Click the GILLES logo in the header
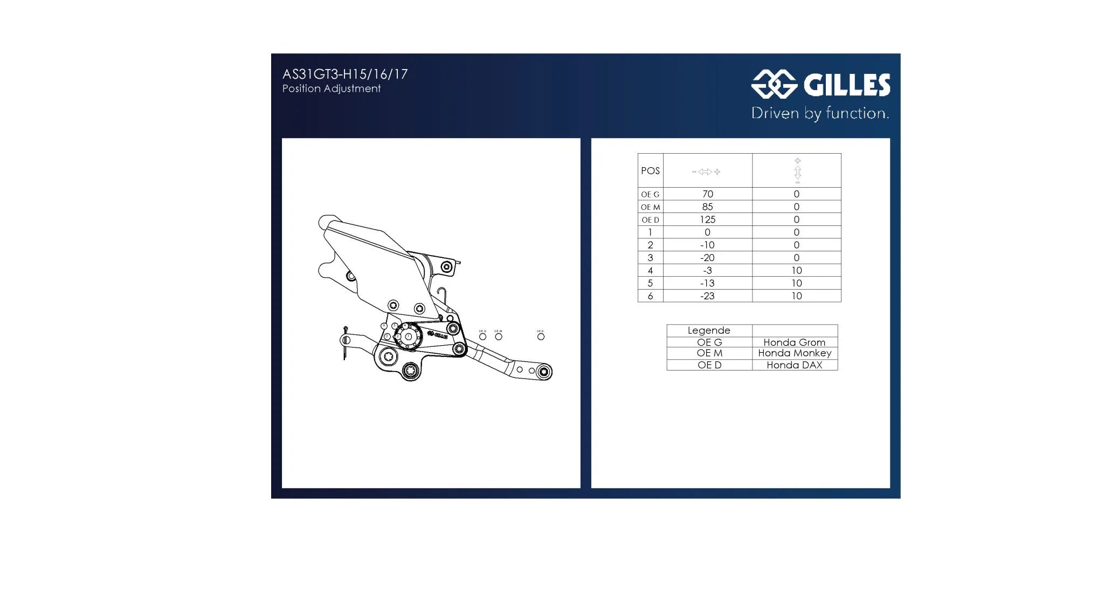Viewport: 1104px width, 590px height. (x=820, y=85)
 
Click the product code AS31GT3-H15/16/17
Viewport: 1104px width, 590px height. (x=345, y=74)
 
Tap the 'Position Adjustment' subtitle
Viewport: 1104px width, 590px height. (x=332, y=88)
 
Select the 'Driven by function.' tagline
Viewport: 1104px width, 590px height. (x=820, y=113)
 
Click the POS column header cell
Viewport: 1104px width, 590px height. (x=650, y=170)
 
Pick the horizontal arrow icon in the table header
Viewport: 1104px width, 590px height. (x=706, y=171)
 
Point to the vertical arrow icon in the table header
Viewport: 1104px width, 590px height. (x=797, y=171)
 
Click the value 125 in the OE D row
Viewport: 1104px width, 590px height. (x=707, y=219)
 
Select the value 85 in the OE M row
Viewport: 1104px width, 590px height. (x=707, y=207)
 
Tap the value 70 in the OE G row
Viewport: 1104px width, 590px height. (x=707, y=194)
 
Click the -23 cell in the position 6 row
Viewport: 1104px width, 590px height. (x=707, y=296)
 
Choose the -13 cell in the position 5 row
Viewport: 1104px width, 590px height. (x=707, y=283)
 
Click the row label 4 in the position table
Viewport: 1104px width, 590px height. (x=650, y=271)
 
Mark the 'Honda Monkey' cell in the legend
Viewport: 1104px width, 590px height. (x=795, y=353)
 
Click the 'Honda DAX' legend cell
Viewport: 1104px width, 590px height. (x=795, y=365)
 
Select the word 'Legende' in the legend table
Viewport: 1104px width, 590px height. (x=709, y=331)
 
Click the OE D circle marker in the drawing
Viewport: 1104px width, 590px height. (x=541, y=337)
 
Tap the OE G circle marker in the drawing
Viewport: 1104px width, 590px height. (x=482, y=337)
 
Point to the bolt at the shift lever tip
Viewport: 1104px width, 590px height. (x=544, y=372)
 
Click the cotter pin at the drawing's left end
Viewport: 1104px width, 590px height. (x=345, y=343)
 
